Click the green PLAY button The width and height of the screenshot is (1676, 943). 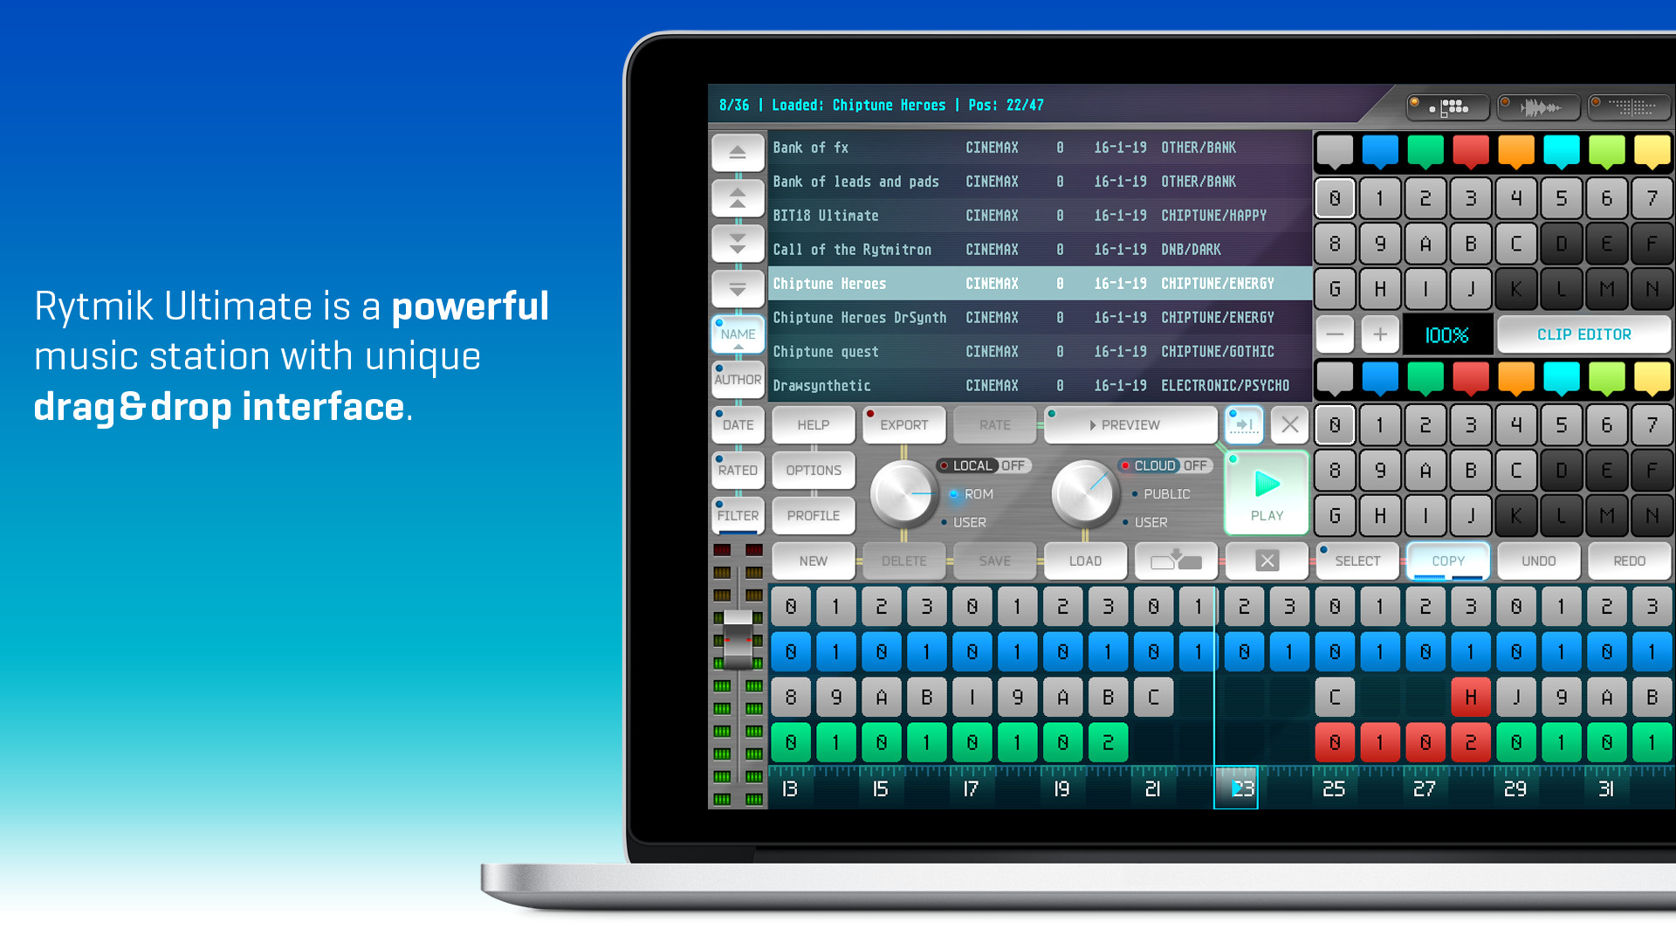tap(1267, 493)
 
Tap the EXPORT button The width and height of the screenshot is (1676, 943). tap(903, 425)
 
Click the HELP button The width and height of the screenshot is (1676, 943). tap(813, 425)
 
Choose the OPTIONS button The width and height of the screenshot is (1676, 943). tap(813, 471)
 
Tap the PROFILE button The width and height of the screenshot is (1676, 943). tap(813, 516)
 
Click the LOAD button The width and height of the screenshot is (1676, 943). tap(1085, 561)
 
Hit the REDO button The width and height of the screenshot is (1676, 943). tap(1629, 561)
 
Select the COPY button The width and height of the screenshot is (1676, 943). tap(1448, 561)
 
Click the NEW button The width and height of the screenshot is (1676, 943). tap(813, 561)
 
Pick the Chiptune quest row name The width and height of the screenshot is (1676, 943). tap(826, 352)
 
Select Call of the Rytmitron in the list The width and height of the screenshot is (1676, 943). tap(852, 250)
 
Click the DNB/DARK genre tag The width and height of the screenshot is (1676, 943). tap(1191, 250)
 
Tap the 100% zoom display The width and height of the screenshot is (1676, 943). tap(1446, 335)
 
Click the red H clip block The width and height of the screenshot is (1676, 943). tap(1471, 698)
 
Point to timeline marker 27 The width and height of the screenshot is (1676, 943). tap(1424, 789)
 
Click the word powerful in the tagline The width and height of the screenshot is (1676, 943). tap(470, 306)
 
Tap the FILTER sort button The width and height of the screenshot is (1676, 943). tap(738, 516)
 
